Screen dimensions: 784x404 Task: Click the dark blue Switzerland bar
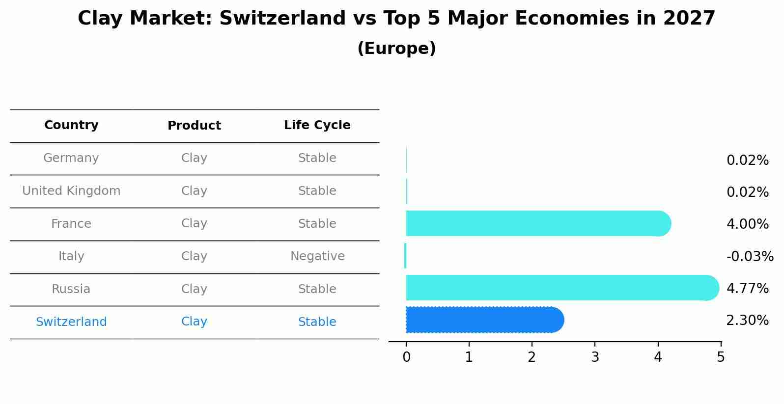click(485, 320)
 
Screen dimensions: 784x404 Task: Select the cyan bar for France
click(538, 223)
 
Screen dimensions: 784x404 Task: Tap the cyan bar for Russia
click(562, 288)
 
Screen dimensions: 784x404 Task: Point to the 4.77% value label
click(748, 288)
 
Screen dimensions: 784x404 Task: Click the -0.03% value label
click(750, 256)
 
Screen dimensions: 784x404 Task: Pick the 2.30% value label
click(748, 320)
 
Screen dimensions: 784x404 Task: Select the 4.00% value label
click(748, 224)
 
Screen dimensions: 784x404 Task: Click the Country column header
click(71, 125)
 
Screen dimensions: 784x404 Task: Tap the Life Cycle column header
click(317, 125)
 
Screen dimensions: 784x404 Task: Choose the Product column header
click(194, 125)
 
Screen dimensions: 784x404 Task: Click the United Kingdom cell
click(71, 190)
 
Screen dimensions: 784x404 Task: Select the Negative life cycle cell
click(317, 256)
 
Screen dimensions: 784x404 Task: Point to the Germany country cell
click(71, 158)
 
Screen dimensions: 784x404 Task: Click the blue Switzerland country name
click(71, 322)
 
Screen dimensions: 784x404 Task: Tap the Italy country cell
click(71, 256)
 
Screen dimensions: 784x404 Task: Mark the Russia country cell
click(71, 289)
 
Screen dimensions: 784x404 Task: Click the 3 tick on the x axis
click(595, 357)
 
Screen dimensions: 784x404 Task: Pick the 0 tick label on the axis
click(406, 357)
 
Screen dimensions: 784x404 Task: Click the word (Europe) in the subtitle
click(396, 48)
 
